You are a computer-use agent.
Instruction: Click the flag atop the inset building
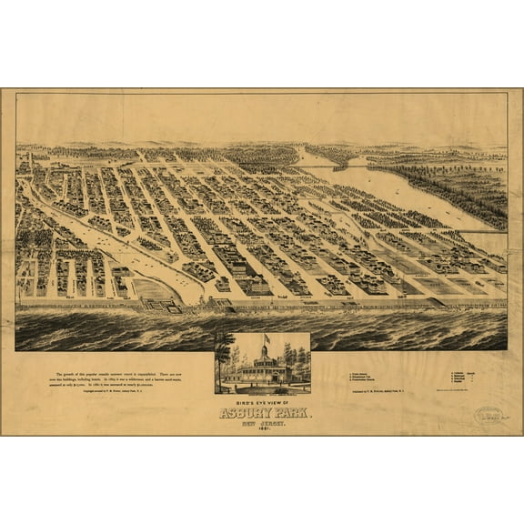pos(266,339)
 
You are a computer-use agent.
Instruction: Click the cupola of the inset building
pos(263,351)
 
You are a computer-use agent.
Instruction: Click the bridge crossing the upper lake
pos(347,166)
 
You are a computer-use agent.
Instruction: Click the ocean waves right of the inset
pos(409,331)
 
